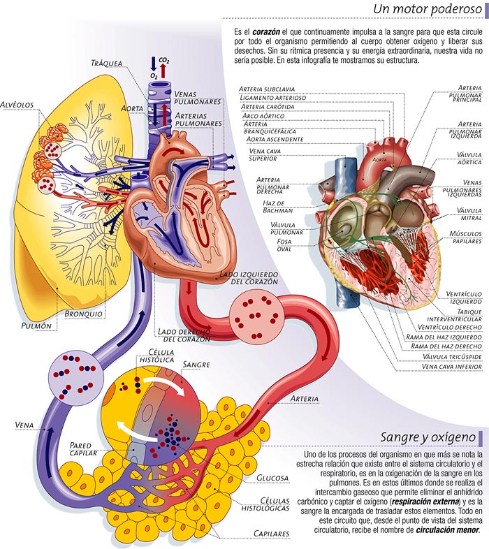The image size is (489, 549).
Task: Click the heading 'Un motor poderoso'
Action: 428,9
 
